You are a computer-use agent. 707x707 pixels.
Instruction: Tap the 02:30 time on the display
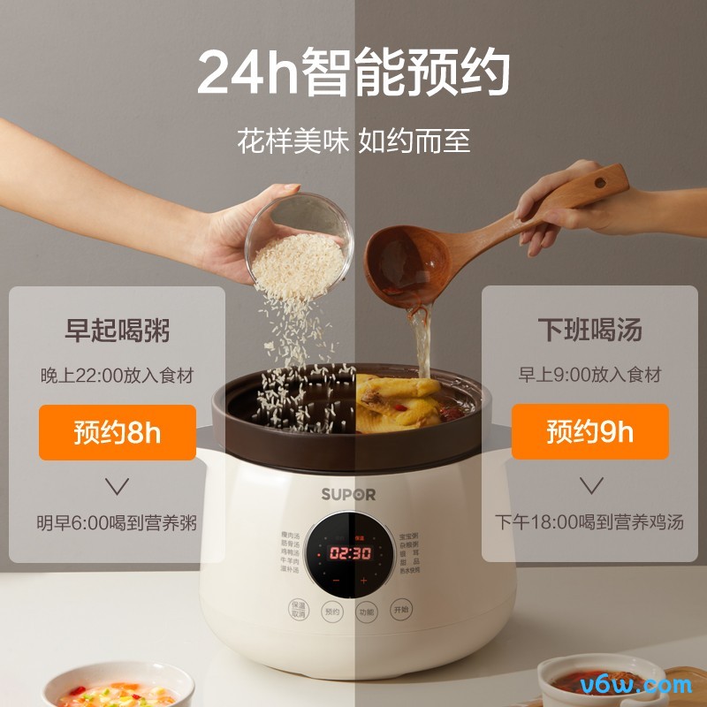(351, 553)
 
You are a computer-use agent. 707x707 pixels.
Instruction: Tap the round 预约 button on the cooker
(332, 611)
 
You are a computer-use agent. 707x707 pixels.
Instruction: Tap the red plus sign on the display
(363, 581)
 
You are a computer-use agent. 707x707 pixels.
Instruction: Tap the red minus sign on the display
(336, 581)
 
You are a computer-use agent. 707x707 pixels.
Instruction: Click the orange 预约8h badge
(118, 432)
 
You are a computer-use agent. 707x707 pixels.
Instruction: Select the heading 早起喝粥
(118, 331)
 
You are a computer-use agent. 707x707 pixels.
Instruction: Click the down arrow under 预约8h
(118, 485)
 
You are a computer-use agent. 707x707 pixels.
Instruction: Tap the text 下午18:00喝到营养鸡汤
(589, 521)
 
